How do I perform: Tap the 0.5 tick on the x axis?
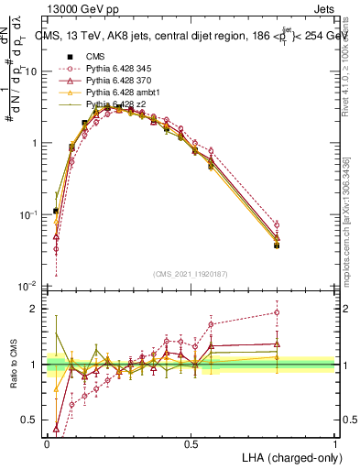[191, 442]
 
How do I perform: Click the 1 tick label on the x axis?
[334, 442]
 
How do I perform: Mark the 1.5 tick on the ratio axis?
[32, 336]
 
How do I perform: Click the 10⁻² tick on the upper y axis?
[27, 286]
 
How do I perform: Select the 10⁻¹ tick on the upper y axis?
[27, 214]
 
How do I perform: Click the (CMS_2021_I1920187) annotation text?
[191, 273]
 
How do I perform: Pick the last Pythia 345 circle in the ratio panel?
[277, 312]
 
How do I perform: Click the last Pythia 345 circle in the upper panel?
[277, 224]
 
